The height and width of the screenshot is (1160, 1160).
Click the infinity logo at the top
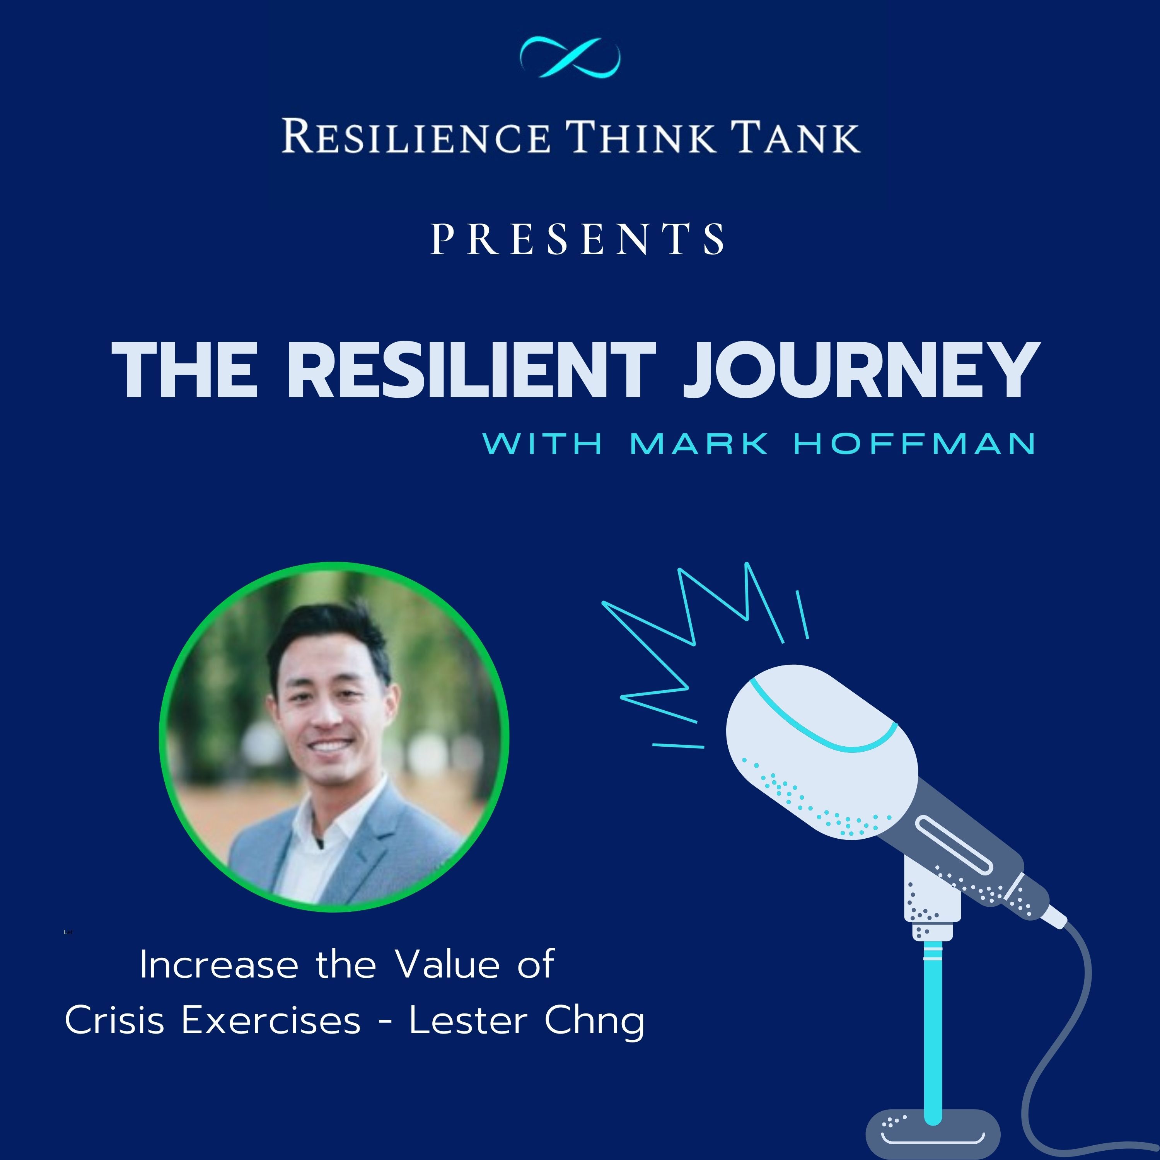pos(570,57)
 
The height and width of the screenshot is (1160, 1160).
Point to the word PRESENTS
pos(578,238)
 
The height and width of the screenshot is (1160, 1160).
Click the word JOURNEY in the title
pos(861,370)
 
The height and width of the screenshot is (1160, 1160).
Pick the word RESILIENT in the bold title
pos(472,370)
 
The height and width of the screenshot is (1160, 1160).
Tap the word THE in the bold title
pos(184,370)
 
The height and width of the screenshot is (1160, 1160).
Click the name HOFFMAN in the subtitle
pos(914,444)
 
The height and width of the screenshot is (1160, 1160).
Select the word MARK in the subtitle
pos(699,444)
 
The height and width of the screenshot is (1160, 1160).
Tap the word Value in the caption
pos(447,965)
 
